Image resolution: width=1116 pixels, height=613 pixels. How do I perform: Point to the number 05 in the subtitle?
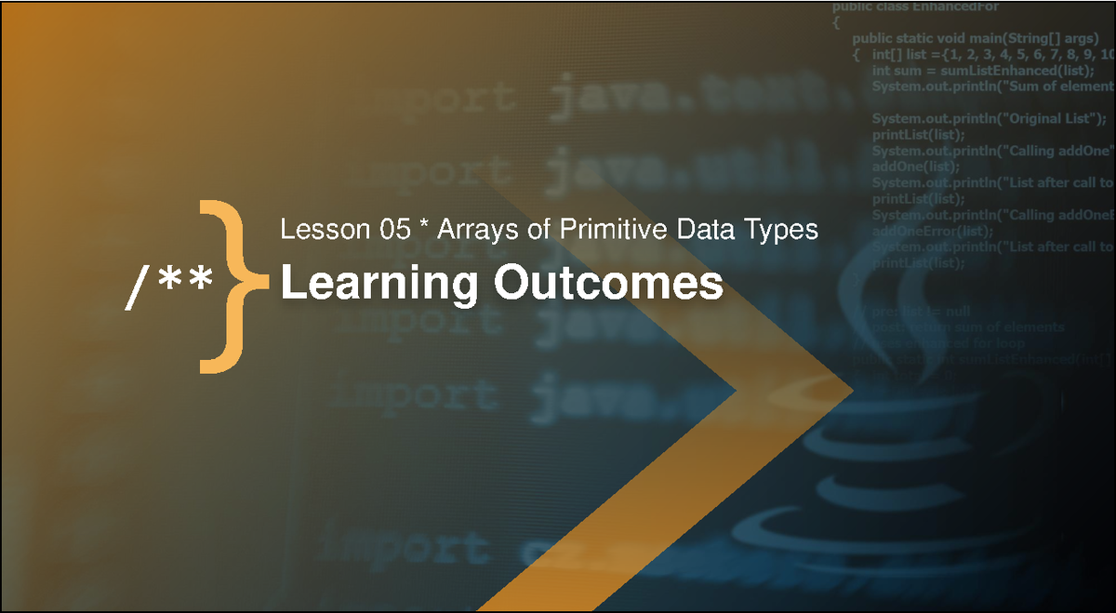390,229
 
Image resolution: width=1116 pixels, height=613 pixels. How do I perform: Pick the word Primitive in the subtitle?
591,229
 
